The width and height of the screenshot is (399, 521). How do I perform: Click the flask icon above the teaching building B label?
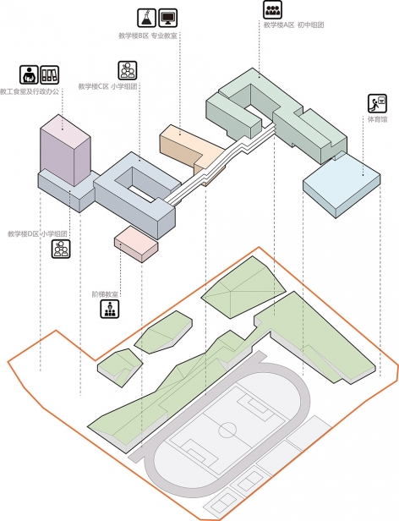(x=145, y=17)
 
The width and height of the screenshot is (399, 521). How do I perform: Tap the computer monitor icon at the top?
(x=167, y=17)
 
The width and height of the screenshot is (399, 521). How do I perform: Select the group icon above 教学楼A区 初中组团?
(x=272, y=9)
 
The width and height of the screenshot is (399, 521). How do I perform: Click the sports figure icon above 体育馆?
(x=376, y=104)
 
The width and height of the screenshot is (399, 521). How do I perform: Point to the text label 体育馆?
(x=377, y=120)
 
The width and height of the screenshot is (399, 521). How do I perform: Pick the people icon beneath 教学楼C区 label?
(x=128, y=69)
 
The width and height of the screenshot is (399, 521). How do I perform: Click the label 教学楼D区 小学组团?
(x=37, y=233)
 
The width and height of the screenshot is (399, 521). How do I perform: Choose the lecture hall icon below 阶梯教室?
(x=110, y=310)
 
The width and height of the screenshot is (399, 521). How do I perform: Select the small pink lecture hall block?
(x=136, y=240)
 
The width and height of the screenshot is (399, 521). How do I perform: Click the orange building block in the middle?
(x=186, y=146)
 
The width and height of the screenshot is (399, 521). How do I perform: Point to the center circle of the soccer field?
(x=227, y=429)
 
